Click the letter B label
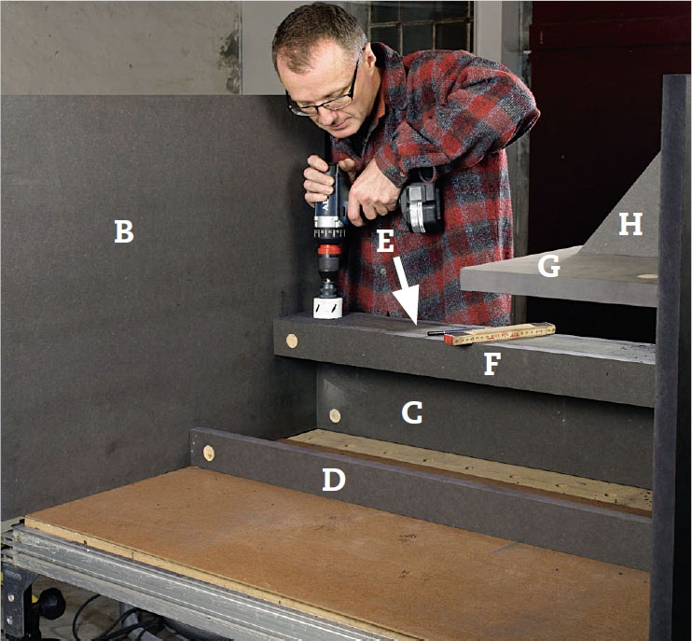tap(123, 231)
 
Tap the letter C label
tap(412, 412)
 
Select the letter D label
tap(334, 480)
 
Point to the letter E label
tap(385, 241)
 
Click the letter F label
tap(491, 364)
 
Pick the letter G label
tap(549, 266)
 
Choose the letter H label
tap(630, 224)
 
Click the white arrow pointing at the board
tap(407, 290)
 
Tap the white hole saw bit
tap(327, 308)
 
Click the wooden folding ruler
tap(500, 333)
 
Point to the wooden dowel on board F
tap(291, 341)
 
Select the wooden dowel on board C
tap(335, 415)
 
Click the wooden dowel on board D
tap(209, 453)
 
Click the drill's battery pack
tap(421, 207)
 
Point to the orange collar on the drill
tap(329, 249)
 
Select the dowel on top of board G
tap(647, 276)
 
